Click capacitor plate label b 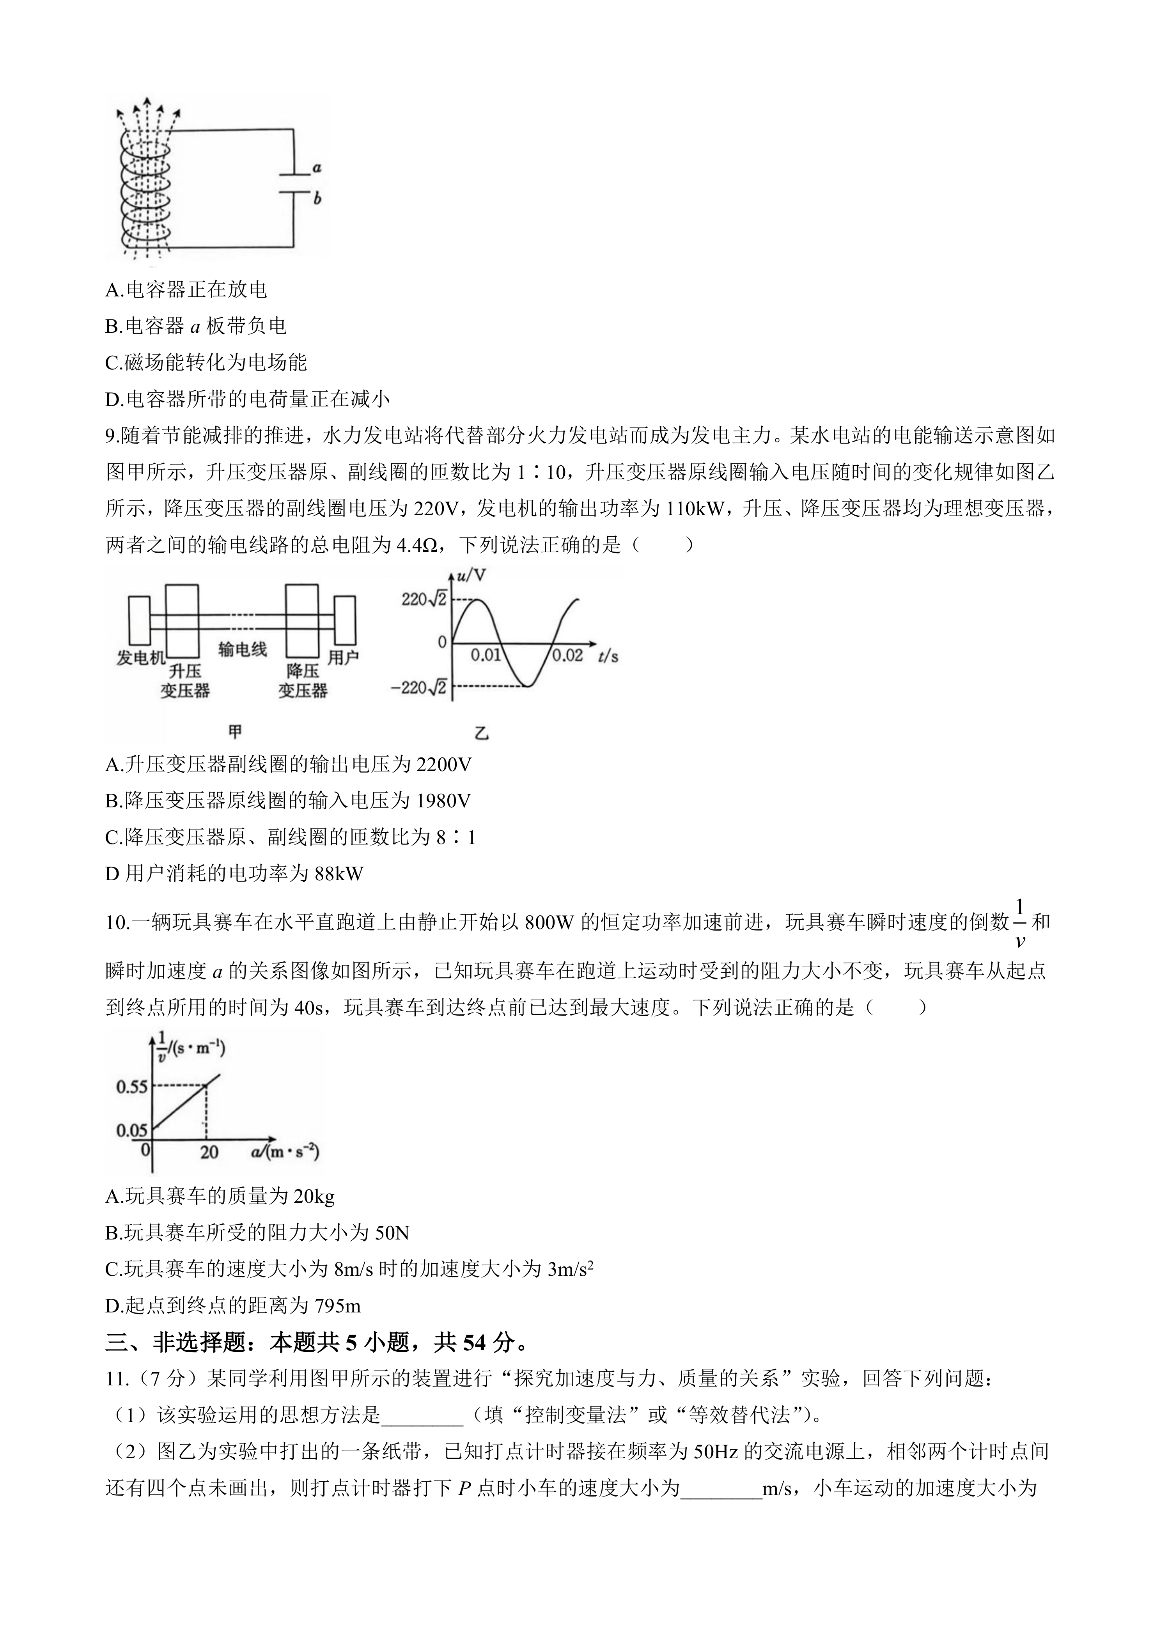click(317, 199)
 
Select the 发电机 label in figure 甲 click(141, 657)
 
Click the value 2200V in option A click(443, 764)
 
